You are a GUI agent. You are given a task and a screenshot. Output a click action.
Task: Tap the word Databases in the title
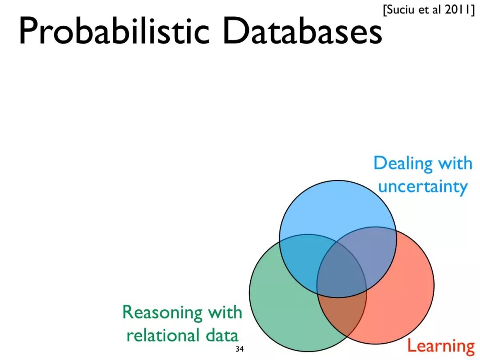click(x=302, y=31)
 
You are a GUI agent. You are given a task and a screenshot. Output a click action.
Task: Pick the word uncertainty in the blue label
click(x=422, y=186)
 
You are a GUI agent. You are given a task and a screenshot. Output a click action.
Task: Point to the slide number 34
click(x=240, y=349)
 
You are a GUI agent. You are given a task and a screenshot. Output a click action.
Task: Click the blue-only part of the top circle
click(x=338, y=209)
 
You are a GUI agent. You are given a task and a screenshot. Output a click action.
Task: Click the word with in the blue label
click(x=455, y=163)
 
